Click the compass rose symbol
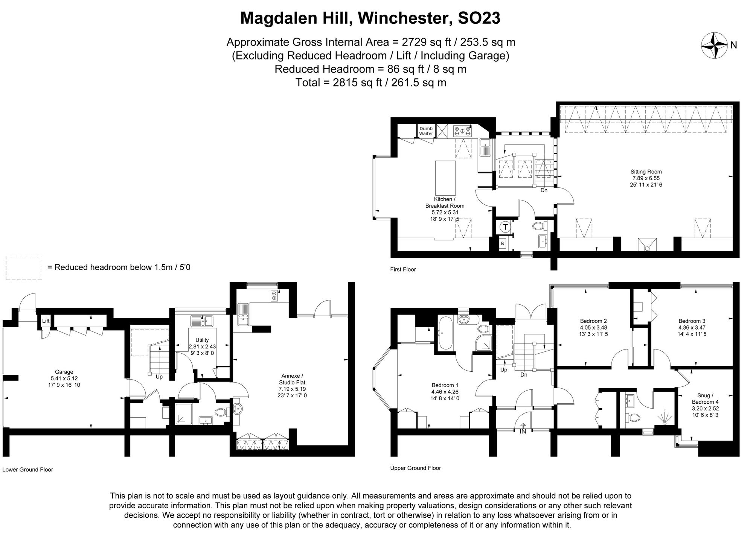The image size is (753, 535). [x=714, y=46]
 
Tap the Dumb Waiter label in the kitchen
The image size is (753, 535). [x=426, y=131]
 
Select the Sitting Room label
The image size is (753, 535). [x=646, y=172]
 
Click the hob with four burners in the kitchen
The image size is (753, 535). [x=462, y=131]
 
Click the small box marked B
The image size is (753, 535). [x=502, y=244]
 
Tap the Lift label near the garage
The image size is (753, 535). [x=46, y=321]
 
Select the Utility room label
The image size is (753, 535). [x=202, y=340]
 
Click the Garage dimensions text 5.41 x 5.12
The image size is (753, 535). [x=64, y=378]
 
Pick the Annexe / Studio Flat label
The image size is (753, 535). [x=292, y=379]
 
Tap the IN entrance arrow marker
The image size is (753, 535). [x=523, y=428]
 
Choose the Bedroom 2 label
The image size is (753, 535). [x=593, y=321]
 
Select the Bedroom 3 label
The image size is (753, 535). [x=692, y=321]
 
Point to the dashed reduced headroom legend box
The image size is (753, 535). [x=24, y=268]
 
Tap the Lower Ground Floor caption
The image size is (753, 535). [x=27, y=470]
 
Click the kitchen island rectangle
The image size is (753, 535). [x=445, y=178]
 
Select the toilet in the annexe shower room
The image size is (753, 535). [x=222, y=412]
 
